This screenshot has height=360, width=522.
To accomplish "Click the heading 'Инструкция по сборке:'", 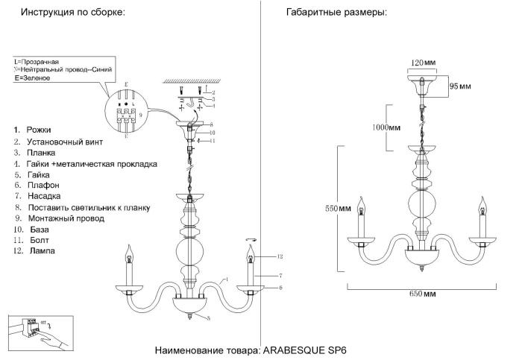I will [72, 13].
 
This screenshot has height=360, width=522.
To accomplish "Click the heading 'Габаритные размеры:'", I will [336, 13].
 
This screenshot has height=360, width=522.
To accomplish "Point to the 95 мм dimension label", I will [459, 86].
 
